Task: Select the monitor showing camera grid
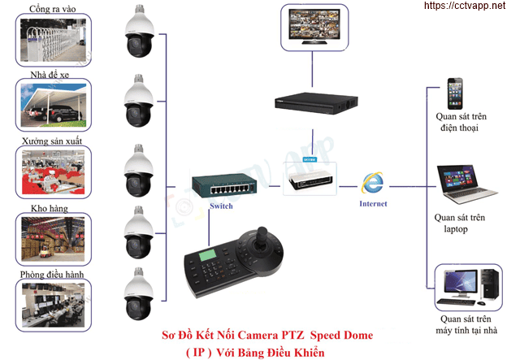(312, 28)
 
